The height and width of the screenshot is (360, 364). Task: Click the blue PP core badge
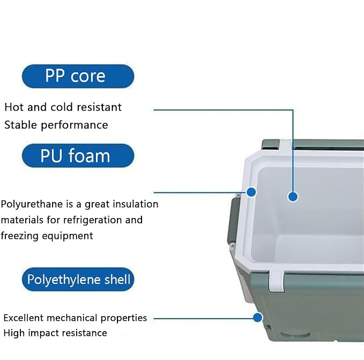tap(78, 76)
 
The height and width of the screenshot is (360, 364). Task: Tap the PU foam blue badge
tap(78, 155)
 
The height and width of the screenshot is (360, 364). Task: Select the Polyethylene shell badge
tap(78, 279)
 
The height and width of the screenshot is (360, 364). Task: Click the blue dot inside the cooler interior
tap(293, 197)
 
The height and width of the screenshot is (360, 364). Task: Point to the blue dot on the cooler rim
tap(251, 192)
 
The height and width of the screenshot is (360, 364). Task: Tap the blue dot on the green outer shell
tap(257, 317)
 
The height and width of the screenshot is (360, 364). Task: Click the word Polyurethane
tap(32, 205)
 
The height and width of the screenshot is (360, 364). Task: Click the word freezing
tap(19, 236)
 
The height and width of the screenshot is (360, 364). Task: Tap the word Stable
tap(21, 125)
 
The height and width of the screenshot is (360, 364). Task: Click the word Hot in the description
tap(14, 107)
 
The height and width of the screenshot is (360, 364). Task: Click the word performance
tap(75, 125)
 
